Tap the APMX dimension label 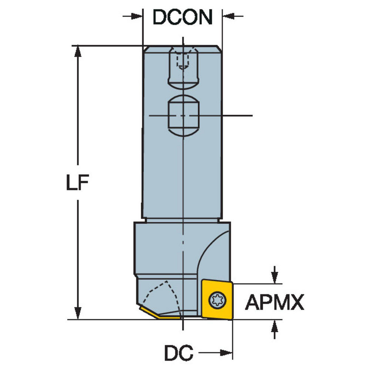[x=275, y=302]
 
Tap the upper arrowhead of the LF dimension [x=78, y=52]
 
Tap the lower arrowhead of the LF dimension [x=78, y=313]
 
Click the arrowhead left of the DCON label [x=138, y=16]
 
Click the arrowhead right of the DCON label [x=227, y=16]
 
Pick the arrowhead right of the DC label [x=226, y=353]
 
